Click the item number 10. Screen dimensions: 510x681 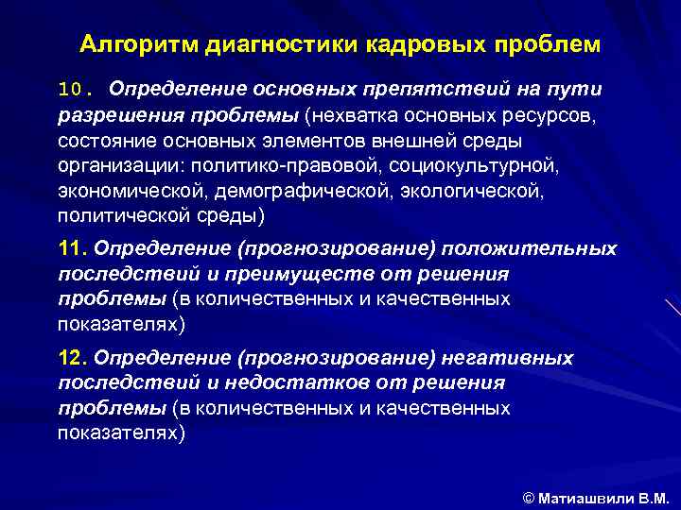pos(75,90)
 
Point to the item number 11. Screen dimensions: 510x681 pos(72,248)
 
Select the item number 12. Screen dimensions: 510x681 pos(72,359)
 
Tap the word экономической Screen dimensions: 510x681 pos(120,192)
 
